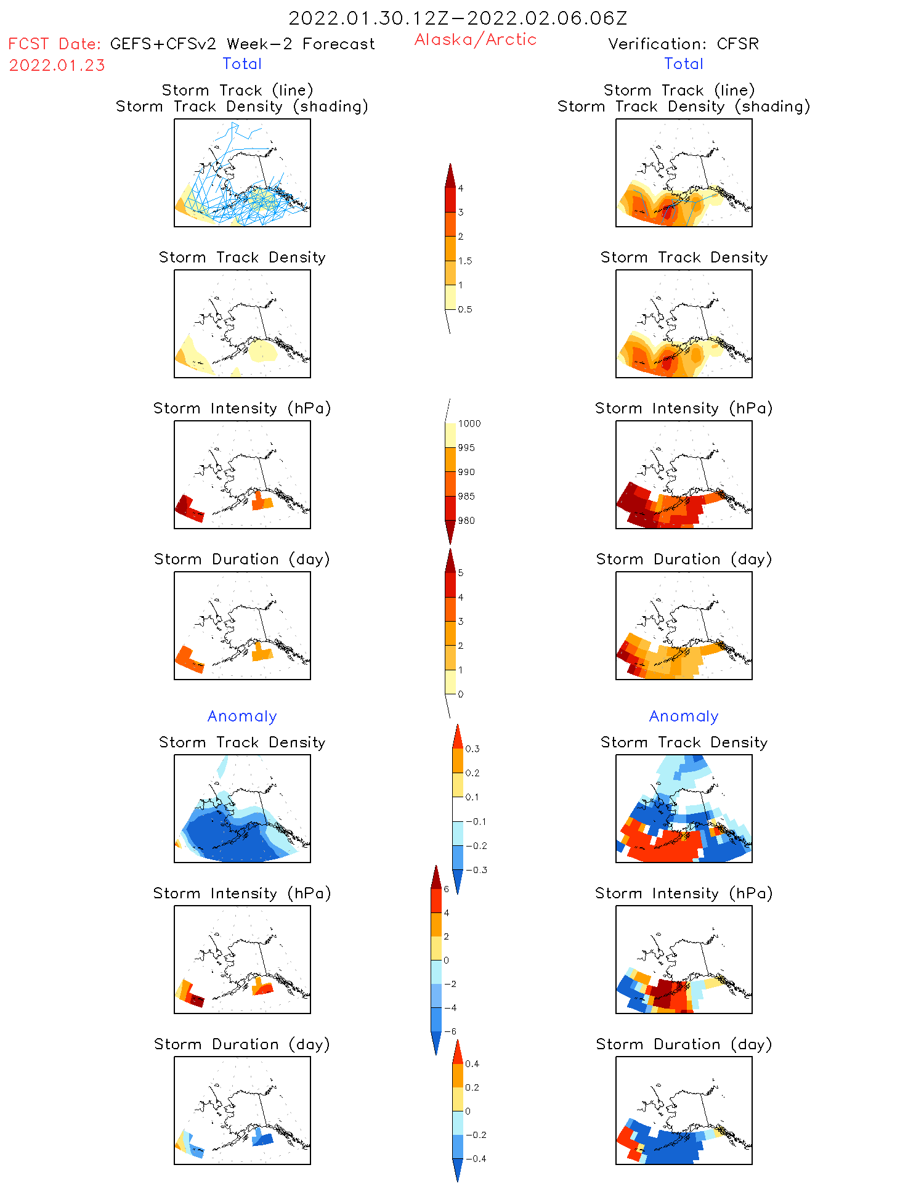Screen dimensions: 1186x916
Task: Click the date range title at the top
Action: tap(458, 18)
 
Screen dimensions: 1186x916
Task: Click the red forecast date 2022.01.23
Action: tap(57, 65)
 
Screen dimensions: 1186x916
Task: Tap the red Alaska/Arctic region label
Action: tap(475, 39)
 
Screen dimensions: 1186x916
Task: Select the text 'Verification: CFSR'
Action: tap(683, 44)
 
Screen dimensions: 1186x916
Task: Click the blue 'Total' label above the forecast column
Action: tap(242, 63)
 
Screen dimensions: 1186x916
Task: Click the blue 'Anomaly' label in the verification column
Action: tap(684, 716)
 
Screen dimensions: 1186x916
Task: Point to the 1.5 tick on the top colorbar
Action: tap(465, 261)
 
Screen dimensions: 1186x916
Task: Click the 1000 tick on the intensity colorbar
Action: tap(469, 423)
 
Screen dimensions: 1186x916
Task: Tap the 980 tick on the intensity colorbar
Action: tap(466, 521)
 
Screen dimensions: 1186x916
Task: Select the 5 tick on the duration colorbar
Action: tap(460, 573)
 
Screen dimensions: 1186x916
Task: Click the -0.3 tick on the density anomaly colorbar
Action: tap(476, 870)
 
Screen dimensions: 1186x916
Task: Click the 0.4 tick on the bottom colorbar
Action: tap(472, 1063)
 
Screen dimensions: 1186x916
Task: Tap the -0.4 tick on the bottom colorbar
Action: tap(475, 1158)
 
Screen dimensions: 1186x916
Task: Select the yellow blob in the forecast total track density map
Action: tap(263, 351)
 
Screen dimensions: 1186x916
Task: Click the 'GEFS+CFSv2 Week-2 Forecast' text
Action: tap(242, 44)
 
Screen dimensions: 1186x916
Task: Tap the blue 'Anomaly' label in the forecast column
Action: tap(242, 716)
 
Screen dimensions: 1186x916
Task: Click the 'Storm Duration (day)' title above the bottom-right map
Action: tap(684, 1044)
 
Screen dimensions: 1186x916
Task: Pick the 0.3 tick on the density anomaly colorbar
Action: tap(472, 749)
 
